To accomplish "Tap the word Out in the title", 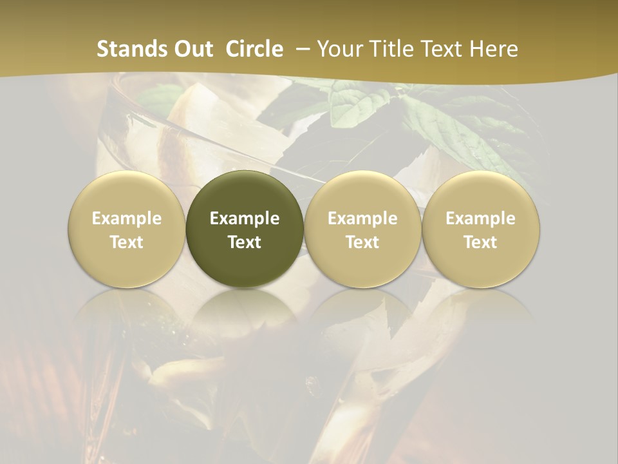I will point(192,49).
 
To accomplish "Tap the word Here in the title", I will point(494,49).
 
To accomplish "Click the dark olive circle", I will point(245,229).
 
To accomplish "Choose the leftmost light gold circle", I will point(127,229).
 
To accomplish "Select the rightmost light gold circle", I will point(480,229).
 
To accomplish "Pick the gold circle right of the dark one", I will point(362,229).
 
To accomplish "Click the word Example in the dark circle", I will point(245,218).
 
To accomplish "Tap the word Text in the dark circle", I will point(245,242).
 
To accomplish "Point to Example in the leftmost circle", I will point(127,218).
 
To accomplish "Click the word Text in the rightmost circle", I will point(480,242).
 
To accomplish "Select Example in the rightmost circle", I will point(480,218).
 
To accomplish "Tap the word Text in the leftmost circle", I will point(127,242).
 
